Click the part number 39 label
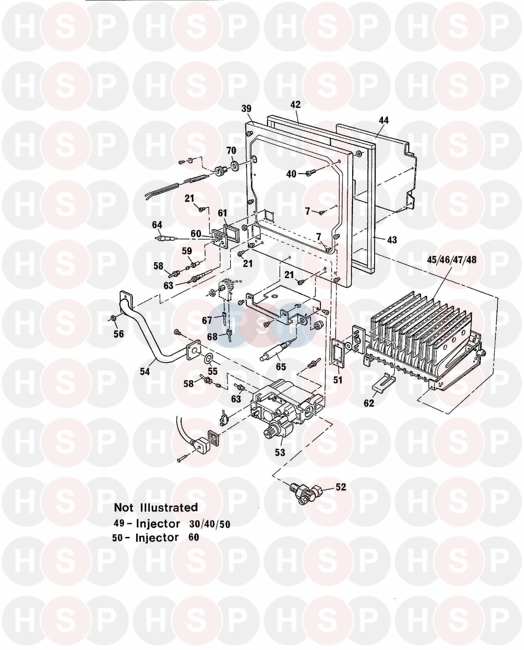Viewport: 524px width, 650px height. (x=246, y=109)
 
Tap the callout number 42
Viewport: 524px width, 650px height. (x=295, y=104)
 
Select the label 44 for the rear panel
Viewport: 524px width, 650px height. (x=383, y=120)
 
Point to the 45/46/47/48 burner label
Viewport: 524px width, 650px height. (x=452, y=260)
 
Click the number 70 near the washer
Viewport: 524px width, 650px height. (x=231, y=151)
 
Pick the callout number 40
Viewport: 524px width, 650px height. (x=291, y=174)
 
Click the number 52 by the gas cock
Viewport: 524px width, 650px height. (x=341, y=487)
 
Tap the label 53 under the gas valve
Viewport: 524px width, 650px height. (x=280, y=452)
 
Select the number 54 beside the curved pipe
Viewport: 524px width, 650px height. (x=145, y=372)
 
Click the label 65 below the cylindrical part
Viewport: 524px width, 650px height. (x=281, y=367)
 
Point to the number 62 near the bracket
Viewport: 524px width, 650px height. (x=369, y=403)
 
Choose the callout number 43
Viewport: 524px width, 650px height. (x=392, y=240)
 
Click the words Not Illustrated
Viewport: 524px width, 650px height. (x=156, y=507)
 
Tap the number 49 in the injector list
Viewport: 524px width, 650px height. (x=119, y=523)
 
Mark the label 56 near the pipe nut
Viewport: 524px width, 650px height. (x=118, y=334)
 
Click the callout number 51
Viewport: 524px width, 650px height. (x=337, y=380)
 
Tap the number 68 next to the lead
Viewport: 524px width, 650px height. (x=212, y=337)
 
